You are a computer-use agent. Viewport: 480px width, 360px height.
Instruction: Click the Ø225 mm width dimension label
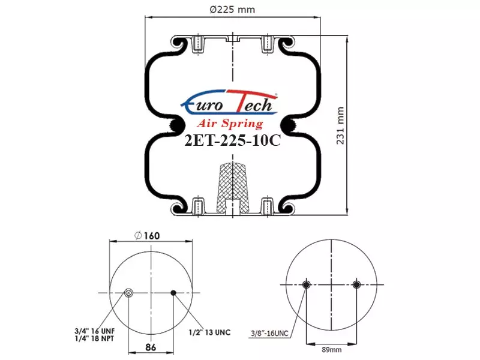[x=232, y=10]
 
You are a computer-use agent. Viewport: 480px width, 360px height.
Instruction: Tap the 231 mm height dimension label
[x=340, y=125]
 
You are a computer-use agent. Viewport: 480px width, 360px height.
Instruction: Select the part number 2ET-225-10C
[x=233, y=141]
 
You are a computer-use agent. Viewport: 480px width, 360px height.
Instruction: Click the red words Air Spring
[x=230, y=123]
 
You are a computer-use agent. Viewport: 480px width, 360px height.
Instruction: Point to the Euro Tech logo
[x=229, y=103]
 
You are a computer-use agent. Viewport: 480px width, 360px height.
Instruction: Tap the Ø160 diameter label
[x=147, y=235]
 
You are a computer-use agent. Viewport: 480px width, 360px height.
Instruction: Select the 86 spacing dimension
[x=151, y=347]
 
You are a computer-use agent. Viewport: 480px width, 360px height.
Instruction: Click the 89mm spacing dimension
[x=332, y=350]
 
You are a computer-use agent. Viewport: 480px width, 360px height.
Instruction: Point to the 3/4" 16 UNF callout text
[x=94, y=331]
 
